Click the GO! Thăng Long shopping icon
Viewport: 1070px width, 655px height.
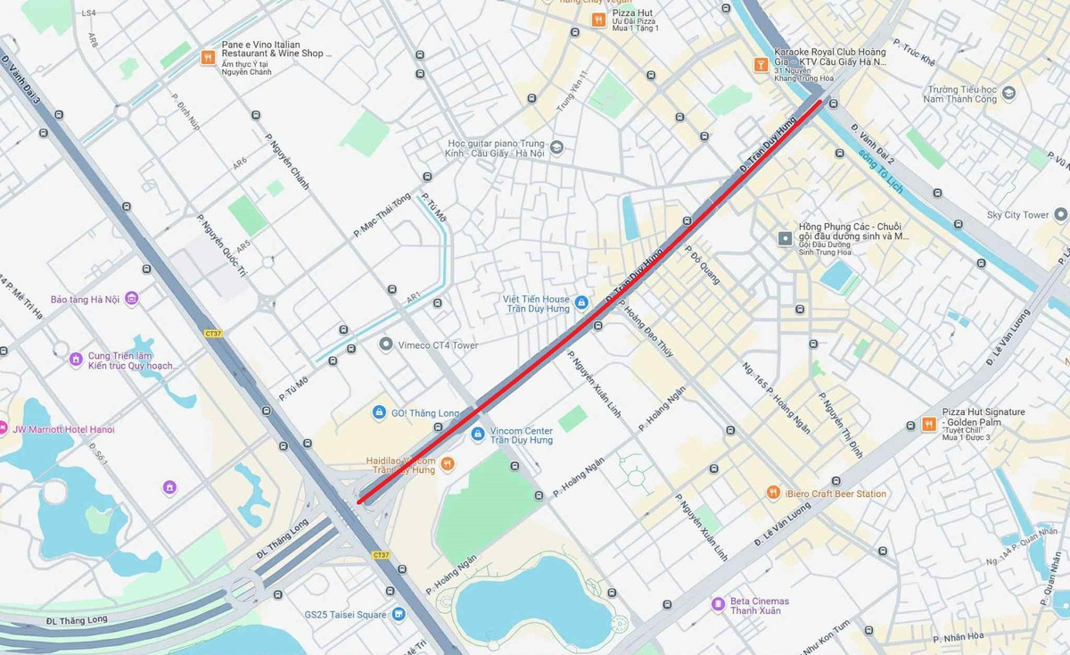tap(379, 412)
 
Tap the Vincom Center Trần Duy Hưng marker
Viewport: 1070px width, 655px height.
tap(478, 434)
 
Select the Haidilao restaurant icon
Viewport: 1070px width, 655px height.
tap(448, 463)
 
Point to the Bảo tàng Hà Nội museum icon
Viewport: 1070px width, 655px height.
tap(131, 299)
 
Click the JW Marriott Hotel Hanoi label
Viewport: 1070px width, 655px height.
tap(62, 429)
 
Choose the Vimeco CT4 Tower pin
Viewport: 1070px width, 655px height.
tap(385, 344)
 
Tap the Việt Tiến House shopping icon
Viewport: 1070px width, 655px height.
tap(581, 303)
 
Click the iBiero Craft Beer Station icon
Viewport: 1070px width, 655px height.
tap(773, 493)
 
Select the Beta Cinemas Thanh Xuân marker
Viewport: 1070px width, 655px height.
tap(718, 604)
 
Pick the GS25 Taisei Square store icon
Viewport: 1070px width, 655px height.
tap(398, 614)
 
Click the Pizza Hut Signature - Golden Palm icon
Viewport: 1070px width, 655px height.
tap(928, 424)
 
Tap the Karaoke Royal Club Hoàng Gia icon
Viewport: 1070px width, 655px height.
tap(761, 63)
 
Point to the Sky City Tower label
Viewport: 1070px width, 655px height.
tap(1017, 215)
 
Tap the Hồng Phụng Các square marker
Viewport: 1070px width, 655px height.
tap(785, 238)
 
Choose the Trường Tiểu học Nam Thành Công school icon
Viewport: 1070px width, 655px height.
tap(1008, 93)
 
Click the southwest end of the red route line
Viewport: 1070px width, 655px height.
tap(359, 502)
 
